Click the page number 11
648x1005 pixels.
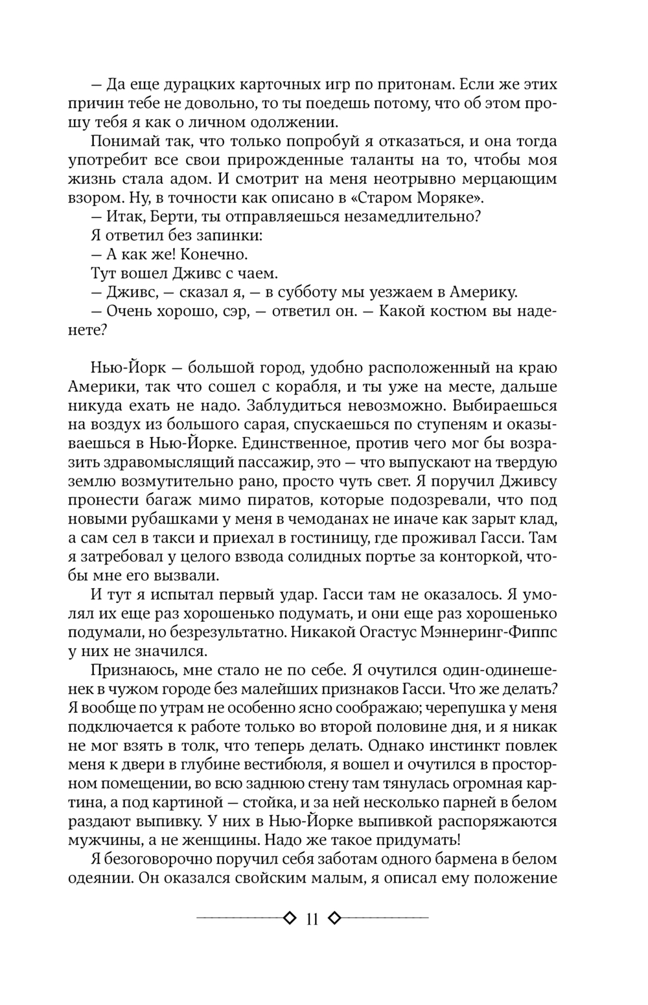[x=312, y=920]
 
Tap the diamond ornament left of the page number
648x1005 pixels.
[x=289, y=918]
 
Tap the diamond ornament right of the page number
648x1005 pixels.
[x=334, y=918]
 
